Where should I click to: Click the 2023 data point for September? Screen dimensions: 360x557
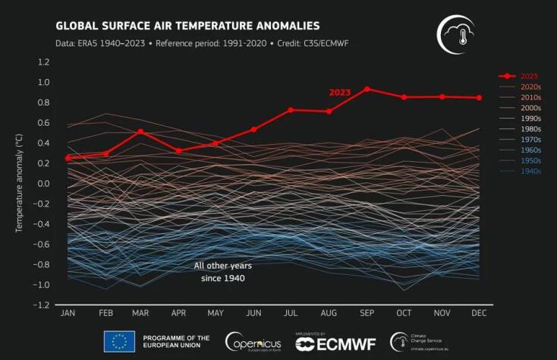367,89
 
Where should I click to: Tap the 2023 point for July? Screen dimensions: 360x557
290,110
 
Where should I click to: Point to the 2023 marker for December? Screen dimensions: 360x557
480,97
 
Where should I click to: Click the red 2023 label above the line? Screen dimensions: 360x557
339,92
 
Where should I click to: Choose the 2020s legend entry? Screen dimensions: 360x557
529,87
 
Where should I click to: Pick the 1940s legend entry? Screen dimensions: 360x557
529,172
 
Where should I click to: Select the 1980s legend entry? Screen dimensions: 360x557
529,129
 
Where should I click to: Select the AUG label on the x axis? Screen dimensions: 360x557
329,313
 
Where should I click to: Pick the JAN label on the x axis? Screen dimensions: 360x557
68,313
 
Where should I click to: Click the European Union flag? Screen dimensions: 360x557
118,341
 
